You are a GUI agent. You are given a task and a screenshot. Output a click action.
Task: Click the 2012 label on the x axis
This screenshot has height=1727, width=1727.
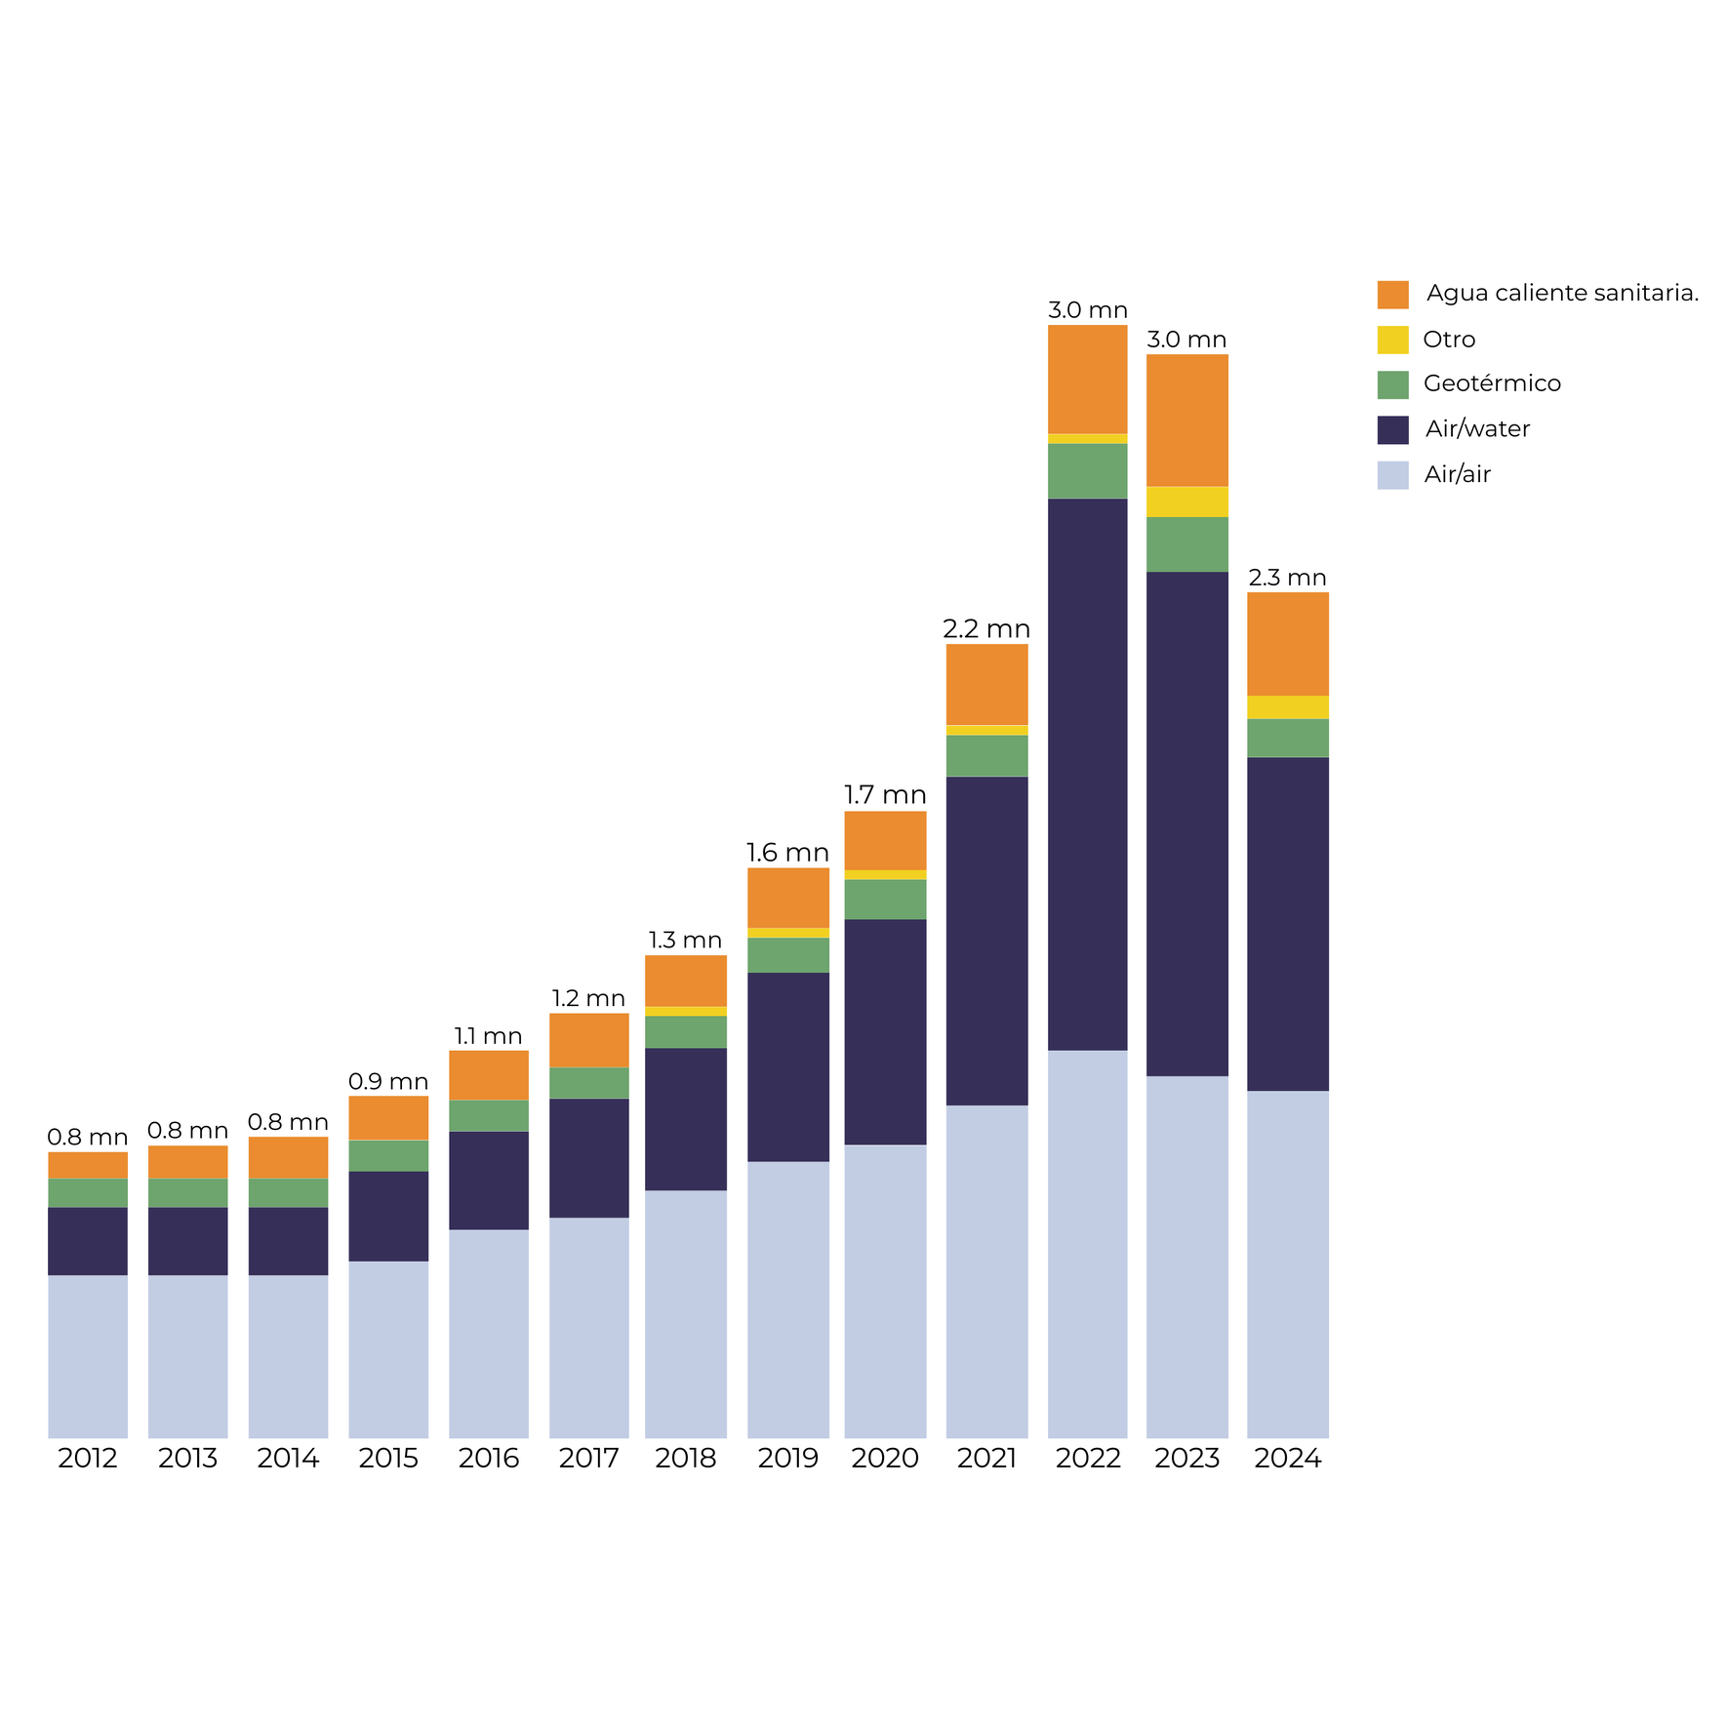88,1458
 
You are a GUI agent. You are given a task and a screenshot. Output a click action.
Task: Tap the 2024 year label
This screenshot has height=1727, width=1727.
1287,1458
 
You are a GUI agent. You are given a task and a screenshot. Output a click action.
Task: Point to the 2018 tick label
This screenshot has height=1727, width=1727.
685,1458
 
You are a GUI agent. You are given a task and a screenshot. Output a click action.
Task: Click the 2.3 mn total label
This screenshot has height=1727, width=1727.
1287,578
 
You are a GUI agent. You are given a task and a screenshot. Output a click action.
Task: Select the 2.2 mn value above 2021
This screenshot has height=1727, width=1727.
986,629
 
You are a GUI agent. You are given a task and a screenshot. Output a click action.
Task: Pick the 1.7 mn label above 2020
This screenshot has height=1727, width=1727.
885,795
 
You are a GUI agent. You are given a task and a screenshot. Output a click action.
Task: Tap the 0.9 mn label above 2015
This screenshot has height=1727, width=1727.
388,1081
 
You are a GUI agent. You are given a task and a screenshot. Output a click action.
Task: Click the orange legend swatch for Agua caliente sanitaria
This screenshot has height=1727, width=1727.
1392,295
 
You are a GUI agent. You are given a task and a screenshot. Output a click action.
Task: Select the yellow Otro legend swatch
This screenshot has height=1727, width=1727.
1392,340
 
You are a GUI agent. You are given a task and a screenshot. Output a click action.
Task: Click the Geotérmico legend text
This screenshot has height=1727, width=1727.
1491,383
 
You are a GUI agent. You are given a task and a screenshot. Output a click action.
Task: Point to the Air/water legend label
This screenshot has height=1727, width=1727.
1477,428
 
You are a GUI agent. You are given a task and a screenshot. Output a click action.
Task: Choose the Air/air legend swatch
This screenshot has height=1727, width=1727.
1392,475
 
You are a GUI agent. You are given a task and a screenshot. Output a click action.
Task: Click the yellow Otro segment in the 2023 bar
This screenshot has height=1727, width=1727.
1186,502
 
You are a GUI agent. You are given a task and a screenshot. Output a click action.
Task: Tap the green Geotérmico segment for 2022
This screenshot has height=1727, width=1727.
1087,471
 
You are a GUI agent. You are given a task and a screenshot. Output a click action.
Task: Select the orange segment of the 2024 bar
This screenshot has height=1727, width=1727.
1287,644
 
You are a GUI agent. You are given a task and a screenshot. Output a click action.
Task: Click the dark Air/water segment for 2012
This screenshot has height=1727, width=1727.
88,1241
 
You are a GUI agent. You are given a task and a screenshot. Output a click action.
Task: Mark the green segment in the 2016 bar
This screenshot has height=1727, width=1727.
489,1115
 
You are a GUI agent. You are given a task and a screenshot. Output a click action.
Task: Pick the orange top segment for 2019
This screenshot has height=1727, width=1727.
787,898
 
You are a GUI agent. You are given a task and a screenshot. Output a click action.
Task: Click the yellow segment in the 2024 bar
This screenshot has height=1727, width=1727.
1287,707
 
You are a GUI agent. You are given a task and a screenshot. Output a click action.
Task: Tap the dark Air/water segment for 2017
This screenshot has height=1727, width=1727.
588,1157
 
